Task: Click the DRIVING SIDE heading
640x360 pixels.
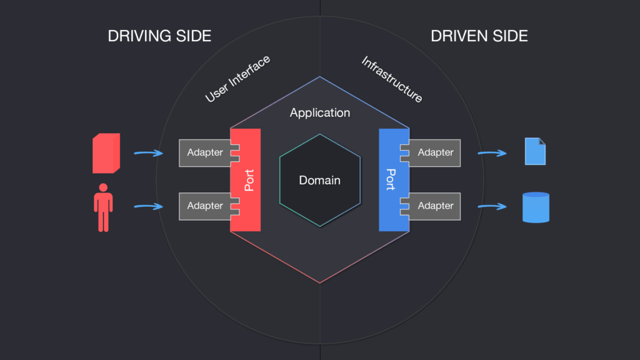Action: (x=159, y=36)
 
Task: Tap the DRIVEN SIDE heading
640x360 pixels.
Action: (x=479, y=36)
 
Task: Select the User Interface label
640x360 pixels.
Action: (x=237, y=79)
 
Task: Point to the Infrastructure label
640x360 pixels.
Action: (x=392, y=79)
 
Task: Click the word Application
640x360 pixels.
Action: (x=320, y=112)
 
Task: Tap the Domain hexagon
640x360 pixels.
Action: (x=320, y=180)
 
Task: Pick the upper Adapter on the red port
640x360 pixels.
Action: (x=205, y=152)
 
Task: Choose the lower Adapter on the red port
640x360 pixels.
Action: (x=205, y=206)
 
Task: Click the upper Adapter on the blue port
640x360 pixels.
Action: (x=435, y=152)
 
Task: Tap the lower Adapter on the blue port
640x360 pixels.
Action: (x=435, y=206)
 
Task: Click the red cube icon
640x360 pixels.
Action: (x=106, y=153)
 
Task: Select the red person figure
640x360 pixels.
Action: (x=103, y=207)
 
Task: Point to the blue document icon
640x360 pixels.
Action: (x=535, y=151)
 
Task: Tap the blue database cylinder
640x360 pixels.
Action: (x=536, y=207)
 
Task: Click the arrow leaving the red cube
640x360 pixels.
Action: (x=149, y=153)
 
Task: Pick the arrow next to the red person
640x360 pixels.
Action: (x=149, y=206)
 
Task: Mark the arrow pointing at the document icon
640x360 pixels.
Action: (x=492, y=153)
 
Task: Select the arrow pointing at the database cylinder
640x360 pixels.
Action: (x=492, y=206)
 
